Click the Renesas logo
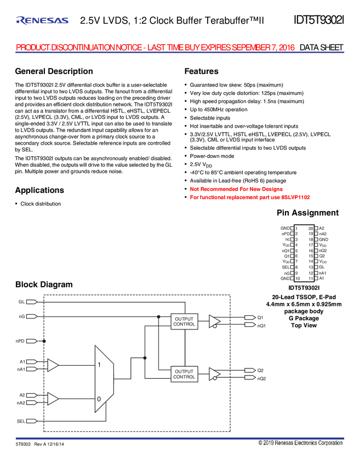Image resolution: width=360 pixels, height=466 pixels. [x=42, y=20]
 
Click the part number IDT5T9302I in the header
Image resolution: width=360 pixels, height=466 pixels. [x=319, y=20]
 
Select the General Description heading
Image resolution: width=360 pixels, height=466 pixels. [x=54, y=71]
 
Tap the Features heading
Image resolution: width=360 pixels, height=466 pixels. [x=202, y=71]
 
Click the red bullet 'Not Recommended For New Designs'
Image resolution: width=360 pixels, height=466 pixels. [x=236, y=189]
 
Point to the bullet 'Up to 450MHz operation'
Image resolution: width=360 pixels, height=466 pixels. [x=219, y=110]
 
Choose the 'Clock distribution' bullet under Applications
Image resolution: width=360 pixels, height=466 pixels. [x=41, y=204]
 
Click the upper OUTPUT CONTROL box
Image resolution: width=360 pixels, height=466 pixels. [x=184, y=322]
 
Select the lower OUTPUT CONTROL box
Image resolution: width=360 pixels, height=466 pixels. [x=184, y=374]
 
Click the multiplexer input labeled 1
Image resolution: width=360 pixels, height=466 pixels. [x=99, y=365]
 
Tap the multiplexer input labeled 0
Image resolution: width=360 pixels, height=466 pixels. [x=99, y=399]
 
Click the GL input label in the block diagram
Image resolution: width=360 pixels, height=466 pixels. [x=22, y=302]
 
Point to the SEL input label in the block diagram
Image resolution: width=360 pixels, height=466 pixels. [x=21, y=421]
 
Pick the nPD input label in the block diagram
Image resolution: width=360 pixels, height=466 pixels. [x=20, y=341]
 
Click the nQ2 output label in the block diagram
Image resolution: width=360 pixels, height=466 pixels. [x=262, y=379]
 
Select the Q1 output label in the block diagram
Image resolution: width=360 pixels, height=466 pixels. [x=260, y=317]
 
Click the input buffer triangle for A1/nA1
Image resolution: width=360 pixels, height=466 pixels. [x=53, y=365]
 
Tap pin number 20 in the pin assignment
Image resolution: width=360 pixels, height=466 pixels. [x=311, y=228]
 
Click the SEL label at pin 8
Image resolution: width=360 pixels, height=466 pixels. [x=285, y=267]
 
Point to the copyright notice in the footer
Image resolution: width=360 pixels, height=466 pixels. [x=300, y=443]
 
